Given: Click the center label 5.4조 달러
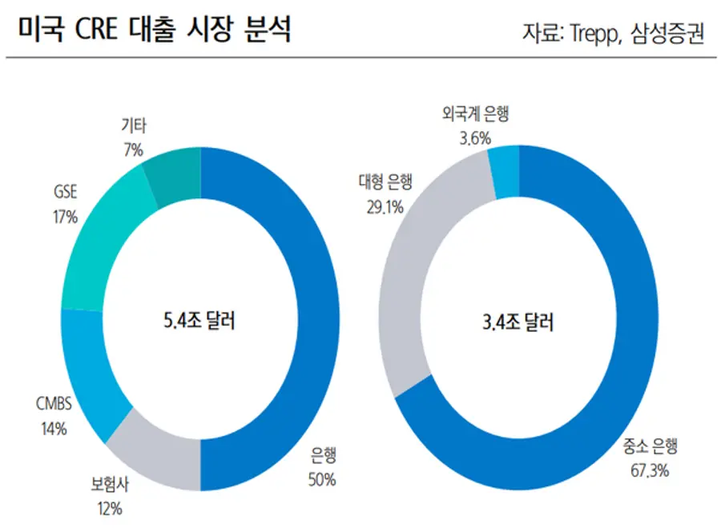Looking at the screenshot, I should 199,322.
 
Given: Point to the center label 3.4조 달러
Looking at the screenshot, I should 518,322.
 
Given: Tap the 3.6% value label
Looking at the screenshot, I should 474,138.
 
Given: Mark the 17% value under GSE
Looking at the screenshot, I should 66,216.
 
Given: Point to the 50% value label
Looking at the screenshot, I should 321,480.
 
